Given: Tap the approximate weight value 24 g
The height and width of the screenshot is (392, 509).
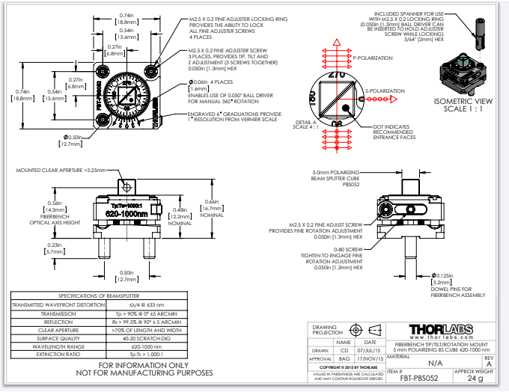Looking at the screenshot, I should (475, 379).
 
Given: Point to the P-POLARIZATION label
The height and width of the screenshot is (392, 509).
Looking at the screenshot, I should (375, 57).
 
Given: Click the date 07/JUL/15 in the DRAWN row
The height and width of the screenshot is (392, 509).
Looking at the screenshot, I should (369, 350).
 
